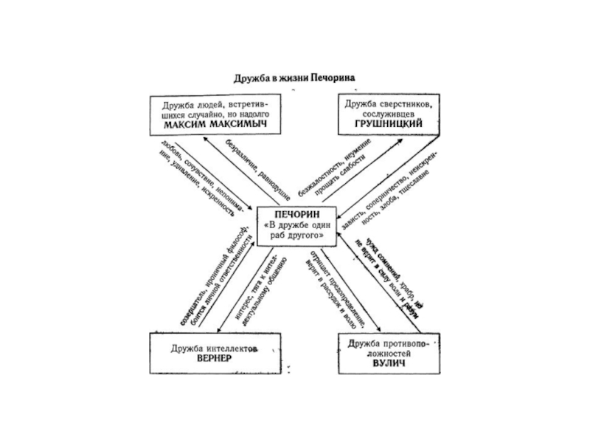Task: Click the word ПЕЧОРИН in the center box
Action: (x=295, y=213)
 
